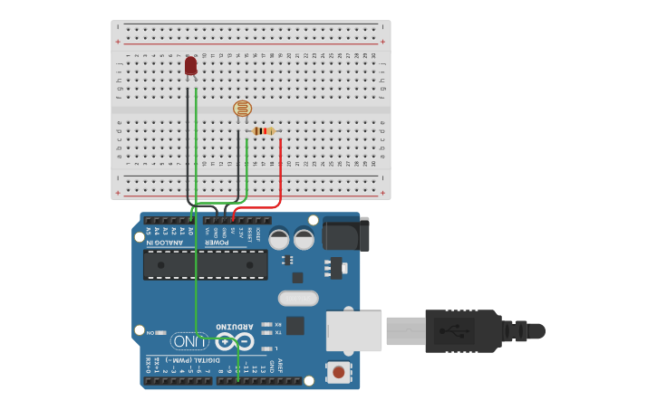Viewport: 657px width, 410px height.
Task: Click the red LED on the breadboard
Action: (x=190, y=66)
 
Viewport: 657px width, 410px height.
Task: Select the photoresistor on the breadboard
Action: (x=242, y=110)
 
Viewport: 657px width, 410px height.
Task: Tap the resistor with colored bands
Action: (x=263, y=131)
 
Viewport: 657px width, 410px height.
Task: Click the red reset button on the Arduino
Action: (x=339, y=371)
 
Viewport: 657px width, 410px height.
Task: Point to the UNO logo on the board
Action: (x=190, y=341)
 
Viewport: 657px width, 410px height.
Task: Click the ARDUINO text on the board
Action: (x=236, y=326)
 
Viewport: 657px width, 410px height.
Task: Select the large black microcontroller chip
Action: (x=206, y=264)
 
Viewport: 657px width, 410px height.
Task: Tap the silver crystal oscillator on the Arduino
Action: (x=298, y=298)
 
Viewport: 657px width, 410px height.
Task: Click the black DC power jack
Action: (x=346, y=234)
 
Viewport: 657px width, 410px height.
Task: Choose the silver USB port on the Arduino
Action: (x=353, y=330)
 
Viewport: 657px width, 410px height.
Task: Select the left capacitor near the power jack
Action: (x=279, y=239)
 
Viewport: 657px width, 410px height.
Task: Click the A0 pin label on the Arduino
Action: (x=191, y=232)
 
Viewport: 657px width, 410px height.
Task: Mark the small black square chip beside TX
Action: (x=295, y=326)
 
